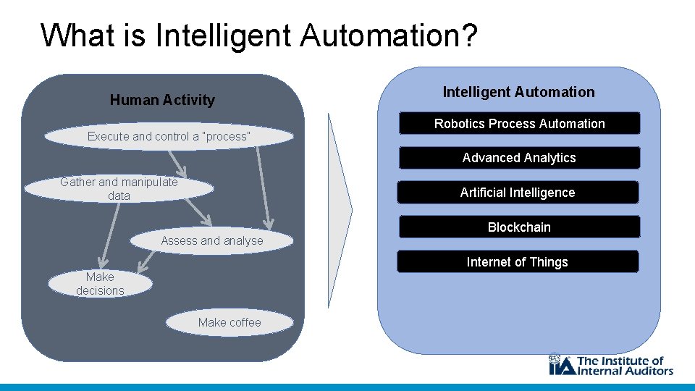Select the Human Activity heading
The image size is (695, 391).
pyautogui.click(x=162, y=100)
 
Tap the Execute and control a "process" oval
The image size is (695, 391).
pyautogui.click(x=169, y=136)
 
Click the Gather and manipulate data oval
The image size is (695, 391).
pyautogui.click(x=119, y=189)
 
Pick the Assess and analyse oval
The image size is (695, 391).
pyautogui.click(x=212, y=240)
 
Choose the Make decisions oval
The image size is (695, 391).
pyautogui.click(x=100, y=284)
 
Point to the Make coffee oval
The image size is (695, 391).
pyautogui.click(x=229, y=322)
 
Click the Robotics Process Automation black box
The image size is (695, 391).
pyautogui.click(x=519, y=124)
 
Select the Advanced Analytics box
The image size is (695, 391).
pyautogui.click(x=519, y=158)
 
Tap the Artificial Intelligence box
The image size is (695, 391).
pyautogui.click(x=518, y=193)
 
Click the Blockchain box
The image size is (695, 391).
pyautogui.click(x=519, y=227)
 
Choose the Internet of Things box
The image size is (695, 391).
pyautogui.click(x=517, y=262)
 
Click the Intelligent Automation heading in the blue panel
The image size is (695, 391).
pyautogui.click(x=518, y=92)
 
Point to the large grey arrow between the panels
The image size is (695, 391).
pyautogui.click(x=340, y=210)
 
